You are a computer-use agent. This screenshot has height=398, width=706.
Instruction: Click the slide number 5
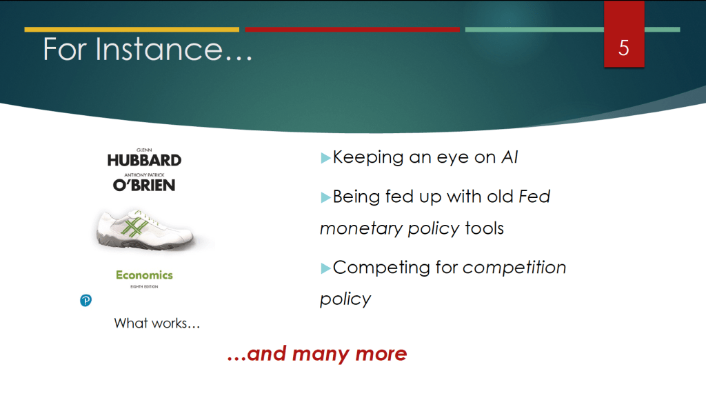pos(623,48)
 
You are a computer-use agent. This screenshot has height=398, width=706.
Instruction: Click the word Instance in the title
pos(159,49)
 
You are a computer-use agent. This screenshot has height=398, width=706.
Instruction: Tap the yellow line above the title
pos(132,30)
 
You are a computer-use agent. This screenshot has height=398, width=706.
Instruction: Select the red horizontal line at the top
pos(352,30)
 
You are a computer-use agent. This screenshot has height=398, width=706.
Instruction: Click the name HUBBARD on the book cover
pos(144,160)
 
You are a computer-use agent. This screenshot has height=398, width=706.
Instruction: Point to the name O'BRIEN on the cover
pos(144,185)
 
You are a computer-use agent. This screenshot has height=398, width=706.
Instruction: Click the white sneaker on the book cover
pos(145,229)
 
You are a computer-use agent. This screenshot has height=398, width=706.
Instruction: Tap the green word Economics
pos(144,275)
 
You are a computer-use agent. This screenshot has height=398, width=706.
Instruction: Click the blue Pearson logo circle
pos(85,300)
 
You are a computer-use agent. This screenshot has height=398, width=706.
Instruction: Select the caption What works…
pos(157,324)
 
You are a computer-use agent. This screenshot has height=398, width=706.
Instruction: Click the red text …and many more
pos(317,354)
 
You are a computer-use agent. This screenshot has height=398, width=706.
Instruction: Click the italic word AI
pos(510,157)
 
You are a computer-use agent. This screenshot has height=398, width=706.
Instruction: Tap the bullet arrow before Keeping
pos(325,158)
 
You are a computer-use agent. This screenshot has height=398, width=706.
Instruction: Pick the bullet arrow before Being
pos(325,198)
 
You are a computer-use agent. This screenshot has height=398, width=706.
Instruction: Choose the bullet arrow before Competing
pos(325,269)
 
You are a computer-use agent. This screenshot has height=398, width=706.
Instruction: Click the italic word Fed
pos(534,197)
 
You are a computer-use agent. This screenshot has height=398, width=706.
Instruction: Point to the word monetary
pos(361,229)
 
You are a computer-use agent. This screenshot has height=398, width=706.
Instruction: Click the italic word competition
pos(514,268)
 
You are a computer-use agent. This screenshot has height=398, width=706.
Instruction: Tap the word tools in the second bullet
pos(484,228)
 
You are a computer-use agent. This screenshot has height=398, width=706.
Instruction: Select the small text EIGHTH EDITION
pos(144,287)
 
